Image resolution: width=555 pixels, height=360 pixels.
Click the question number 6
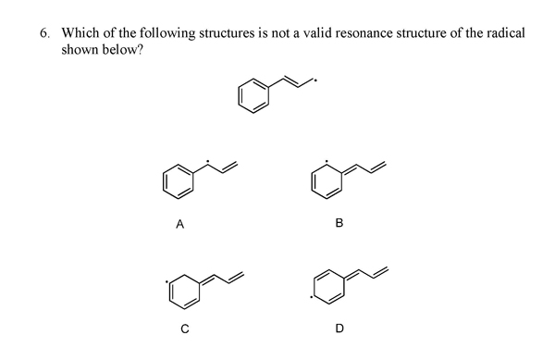point(43,33)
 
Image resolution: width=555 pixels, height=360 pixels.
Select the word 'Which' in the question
point(81,33)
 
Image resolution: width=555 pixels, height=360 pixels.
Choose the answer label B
point(339,222)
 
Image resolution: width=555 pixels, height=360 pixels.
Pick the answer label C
point(185,327)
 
